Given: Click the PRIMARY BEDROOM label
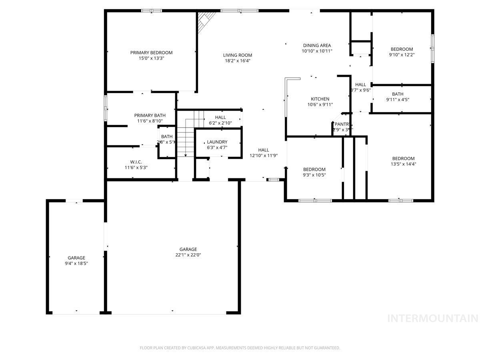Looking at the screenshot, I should coord(151,52).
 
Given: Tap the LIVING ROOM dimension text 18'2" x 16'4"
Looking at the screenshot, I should coord(238,61).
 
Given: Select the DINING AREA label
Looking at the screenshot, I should coord(317,45).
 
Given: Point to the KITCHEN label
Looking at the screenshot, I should coord(320,99).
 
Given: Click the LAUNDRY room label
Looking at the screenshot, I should coord(217,142).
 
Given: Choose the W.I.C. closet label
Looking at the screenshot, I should coord(136,162).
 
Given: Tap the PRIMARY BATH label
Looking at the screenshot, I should coord(150,115).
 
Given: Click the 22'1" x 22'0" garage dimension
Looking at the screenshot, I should coord(188,255).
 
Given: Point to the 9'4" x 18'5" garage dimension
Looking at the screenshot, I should coord(76,263).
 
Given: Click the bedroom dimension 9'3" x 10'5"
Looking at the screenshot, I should coord(314,175).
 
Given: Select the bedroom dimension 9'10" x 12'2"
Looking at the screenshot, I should coord(402,55).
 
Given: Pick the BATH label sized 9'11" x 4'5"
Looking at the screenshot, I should coord(395,94).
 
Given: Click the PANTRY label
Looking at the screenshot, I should coord(343,124).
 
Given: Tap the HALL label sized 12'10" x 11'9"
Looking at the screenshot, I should coord(263,150).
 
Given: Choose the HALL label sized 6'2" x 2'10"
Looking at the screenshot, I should coord(220,117).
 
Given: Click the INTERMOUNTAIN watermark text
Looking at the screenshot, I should coord(433,318).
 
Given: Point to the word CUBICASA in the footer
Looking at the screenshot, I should coord(198,348).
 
